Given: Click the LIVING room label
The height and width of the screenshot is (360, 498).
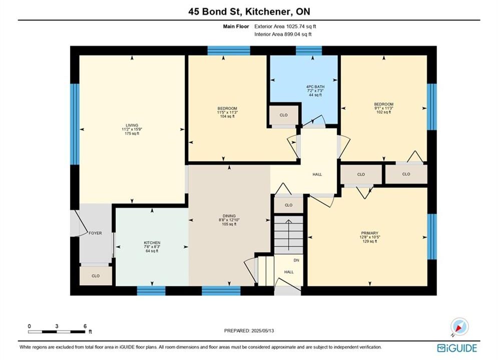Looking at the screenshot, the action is click(132, 125).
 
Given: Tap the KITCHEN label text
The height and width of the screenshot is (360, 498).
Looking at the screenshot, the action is click(152, 242).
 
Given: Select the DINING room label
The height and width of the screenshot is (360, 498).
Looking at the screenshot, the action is click(229, 215).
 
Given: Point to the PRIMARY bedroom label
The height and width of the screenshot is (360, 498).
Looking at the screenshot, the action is click(369, 233).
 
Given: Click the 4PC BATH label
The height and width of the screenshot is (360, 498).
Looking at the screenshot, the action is click(315, 86).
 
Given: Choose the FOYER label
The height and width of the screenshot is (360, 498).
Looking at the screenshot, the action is click(95, 233).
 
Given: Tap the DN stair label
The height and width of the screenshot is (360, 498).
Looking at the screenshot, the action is click(296, 260).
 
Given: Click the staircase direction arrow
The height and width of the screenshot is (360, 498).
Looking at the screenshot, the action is click(288, 234).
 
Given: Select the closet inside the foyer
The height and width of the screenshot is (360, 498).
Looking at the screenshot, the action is click(96, 275).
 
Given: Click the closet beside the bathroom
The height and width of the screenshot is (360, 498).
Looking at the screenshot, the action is click(284, 115).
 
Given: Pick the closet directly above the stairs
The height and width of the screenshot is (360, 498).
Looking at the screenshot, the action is click(288, 205).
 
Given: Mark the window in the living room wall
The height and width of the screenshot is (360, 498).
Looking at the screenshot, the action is click(75, 124).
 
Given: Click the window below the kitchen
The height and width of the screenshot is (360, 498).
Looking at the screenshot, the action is click(151, 290).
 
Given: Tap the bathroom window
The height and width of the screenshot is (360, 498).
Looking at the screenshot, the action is click(309, 50).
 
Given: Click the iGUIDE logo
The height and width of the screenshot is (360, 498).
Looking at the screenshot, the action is click(457, 348).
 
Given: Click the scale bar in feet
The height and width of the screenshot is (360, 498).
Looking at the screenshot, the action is click(57, 332).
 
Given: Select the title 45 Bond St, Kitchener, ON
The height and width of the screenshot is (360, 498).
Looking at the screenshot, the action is click(249, 11).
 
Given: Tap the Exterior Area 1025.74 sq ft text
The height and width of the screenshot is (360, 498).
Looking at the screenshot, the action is click(285, 26).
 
